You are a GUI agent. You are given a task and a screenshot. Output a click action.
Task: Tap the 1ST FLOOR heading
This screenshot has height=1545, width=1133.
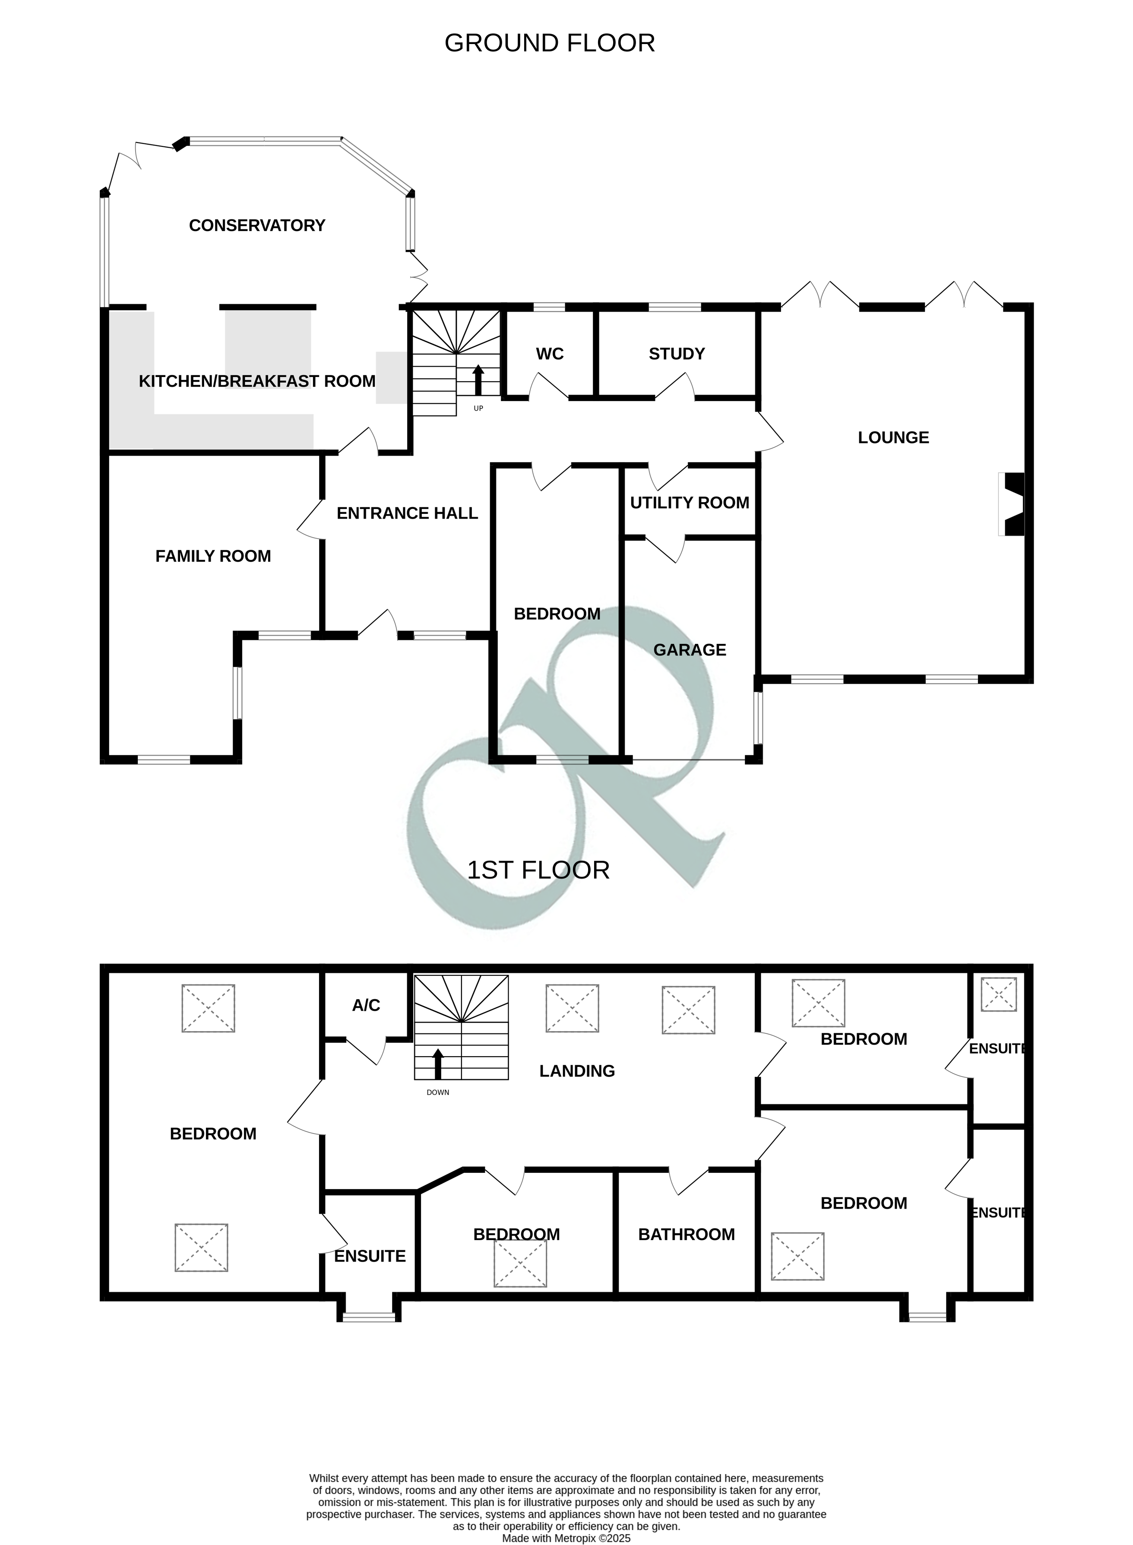click(538, 870)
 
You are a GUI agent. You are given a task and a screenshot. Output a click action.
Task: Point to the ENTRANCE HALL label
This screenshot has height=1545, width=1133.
click(407, 513)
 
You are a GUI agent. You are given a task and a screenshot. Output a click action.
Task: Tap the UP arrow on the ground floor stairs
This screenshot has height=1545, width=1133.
click(478, 380)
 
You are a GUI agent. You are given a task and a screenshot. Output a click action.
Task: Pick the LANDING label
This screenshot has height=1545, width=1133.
click(577, 1071)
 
